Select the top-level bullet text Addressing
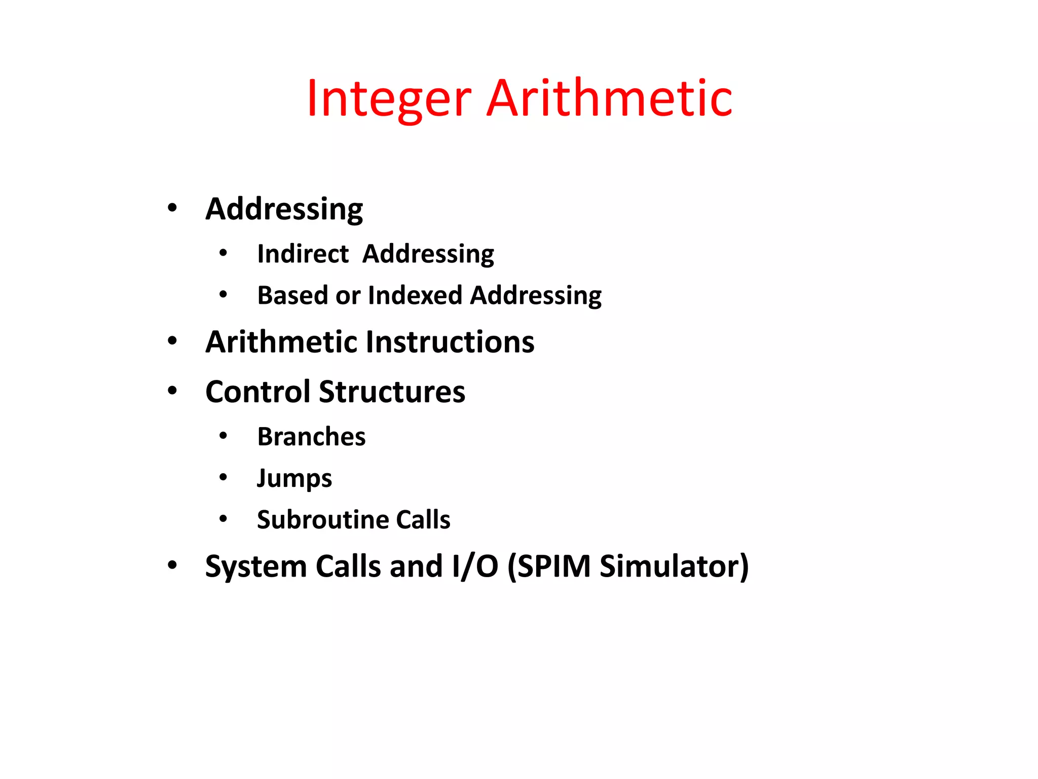tap(284, 209)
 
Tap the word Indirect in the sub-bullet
tap(303, 254)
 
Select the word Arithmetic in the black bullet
tap(281, 342)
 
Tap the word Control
tap(258, 392)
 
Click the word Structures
tap(392, 392)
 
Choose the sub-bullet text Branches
tap(311, 437)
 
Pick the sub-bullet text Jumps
tap(294, 478)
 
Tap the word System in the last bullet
tap(256, 566)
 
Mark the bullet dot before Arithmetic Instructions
tap(172, 341)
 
